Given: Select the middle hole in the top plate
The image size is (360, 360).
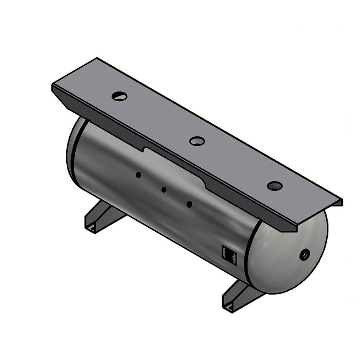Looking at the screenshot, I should (197, 141).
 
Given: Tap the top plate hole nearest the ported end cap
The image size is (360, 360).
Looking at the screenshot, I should (274, 185).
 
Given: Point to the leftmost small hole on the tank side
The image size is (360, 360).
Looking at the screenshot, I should (139, 175).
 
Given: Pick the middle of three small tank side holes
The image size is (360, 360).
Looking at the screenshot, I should (164, 189).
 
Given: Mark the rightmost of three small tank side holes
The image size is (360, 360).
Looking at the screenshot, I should (189, 204).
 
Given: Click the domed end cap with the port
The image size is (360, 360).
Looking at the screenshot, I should (288, 256).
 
